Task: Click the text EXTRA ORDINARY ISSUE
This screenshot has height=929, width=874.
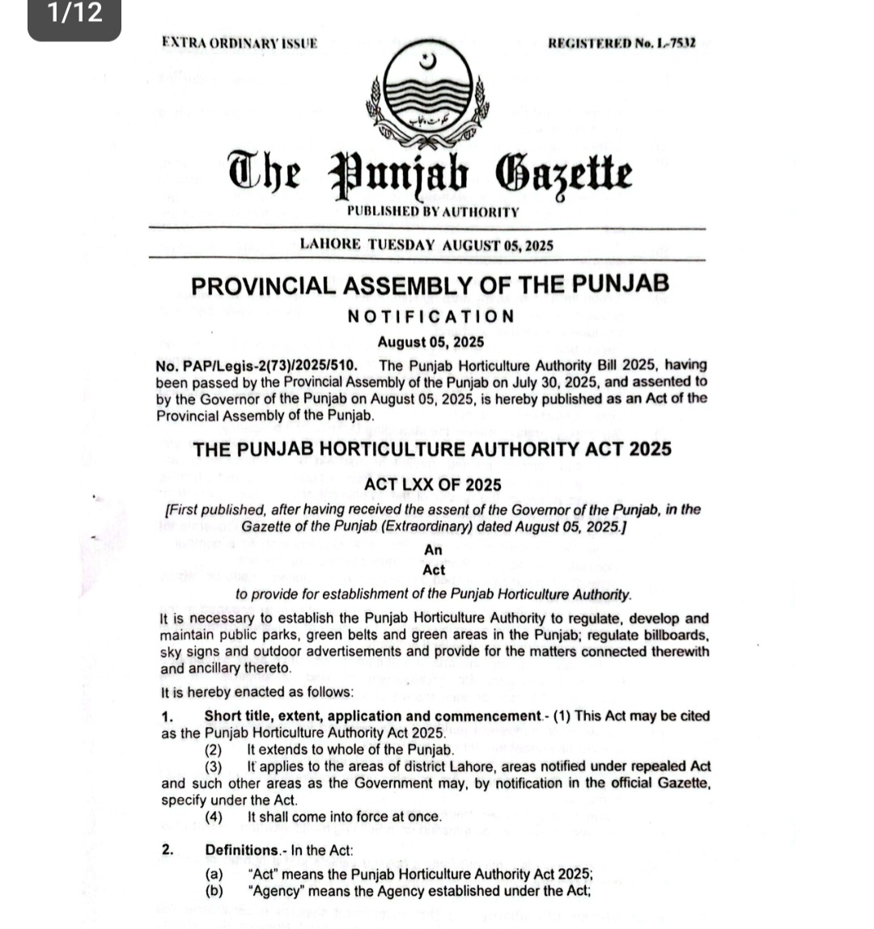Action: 239,43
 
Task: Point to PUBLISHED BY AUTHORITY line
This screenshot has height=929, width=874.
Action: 432,212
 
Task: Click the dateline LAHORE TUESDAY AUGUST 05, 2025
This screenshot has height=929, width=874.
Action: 426,245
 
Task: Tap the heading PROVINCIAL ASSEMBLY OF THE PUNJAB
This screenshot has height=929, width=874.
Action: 430,285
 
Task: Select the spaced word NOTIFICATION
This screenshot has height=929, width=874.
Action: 431,316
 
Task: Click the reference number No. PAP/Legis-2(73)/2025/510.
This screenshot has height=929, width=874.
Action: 257,365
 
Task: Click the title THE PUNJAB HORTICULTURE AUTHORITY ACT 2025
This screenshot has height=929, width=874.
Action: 432,450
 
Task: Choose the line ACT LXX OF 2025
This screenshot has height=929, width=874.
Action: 433,485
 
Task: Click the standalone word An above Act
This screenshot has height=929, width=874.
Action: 433,550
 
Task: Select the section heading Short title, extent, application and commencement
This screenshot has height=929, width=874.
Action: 371,716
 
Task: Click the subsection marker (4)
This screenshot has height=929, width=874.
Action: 214,817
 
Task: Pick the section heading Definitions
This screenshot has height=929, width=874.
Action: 241,850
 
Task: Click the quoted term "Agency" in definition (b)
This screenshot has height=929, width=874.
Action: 277,891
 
